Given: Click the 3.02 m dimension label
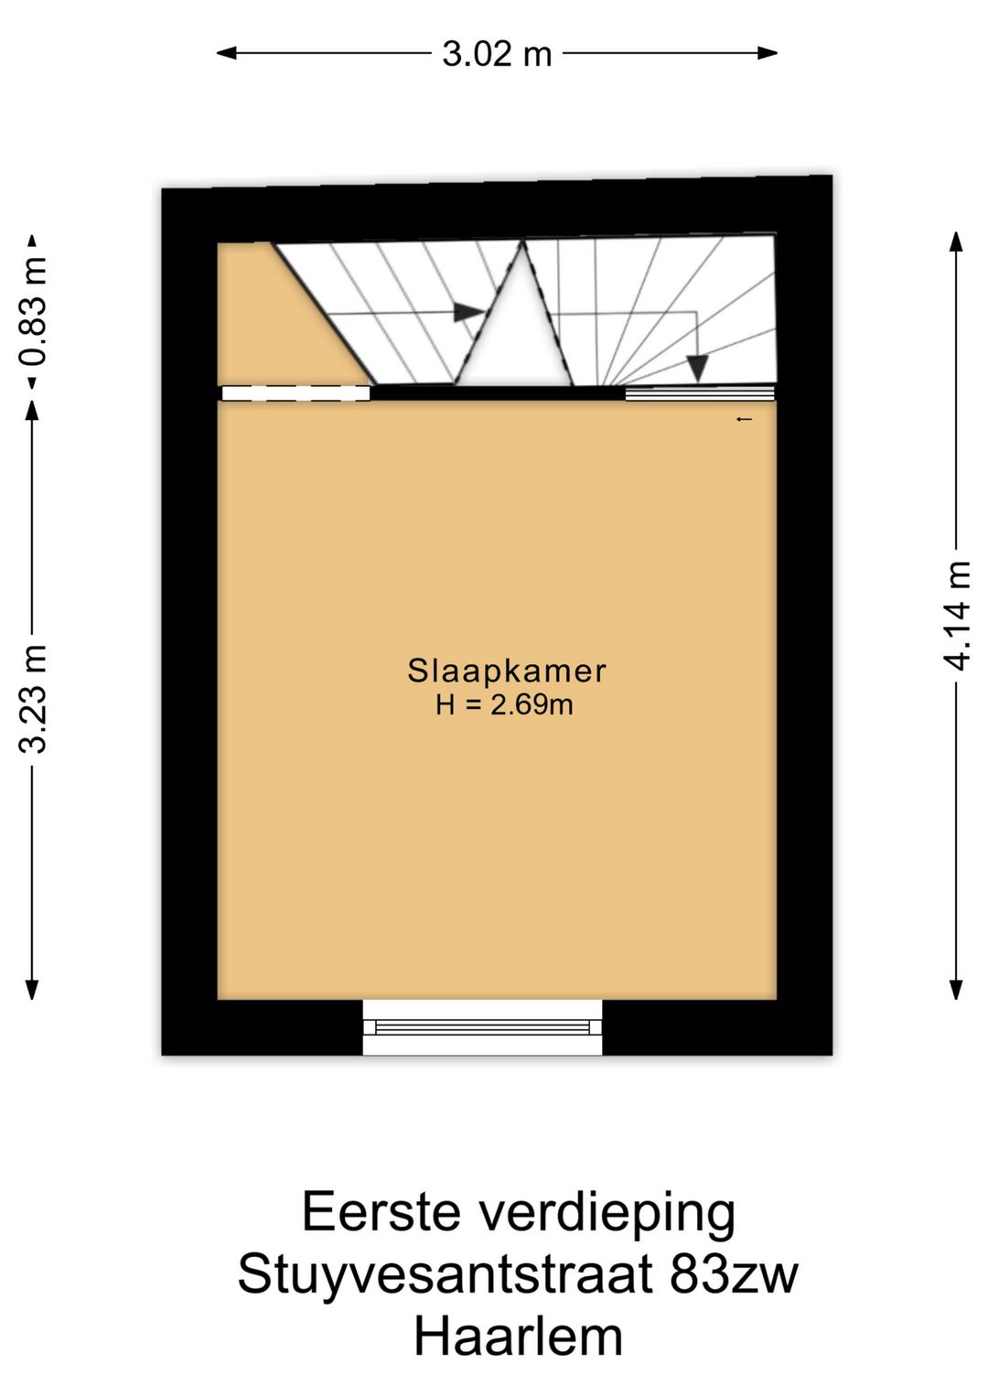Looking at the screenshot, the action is [497, 54].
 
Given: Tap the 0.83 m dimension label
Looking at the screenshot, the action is [32, 311].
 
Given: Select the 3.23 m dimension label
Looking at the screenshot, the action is [32, 698].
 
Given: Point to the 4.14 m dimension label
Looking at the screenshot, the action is [956, 615].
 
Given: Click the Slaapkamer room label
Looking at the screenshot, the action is [506, 671].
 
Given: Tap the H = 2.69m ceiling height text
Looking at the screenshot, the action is [504, 704].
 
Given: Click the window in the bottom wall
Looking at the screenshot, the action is [482, 1027].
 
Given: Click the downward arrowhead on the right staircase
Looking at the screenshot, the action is [697, 369].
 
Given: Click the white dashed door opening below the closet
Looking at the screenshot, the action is [296, 393].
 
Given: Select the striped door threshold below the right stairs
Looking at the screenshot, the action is [700, 393].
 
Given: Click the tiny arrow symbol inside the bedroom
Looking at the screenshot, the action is [745, 419].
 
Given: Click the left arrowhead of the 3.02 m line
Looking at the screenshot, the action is [226, 54].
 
